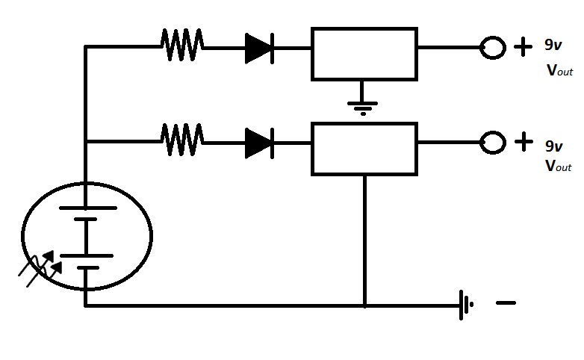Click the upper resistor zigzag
click(x=182, y=45)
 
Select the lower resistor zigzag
click(x=182, y=140)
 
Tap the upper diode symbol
click(x=260, y=49)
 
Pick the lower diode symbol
click(x=260, y=143)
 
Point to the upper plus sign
click(x=524, y=46)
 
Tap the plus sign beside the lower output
click(x=524, y=142)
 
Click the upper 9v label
click(x=553, y=45)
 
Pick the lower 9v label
click(x=554, y=146)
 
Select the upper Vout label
click(x=560, y=70)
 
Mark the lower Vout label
click(x=559, y=166)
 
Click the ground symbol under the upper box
click(x=362, y=108)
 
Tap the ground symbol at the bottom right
click(x=466, y=305)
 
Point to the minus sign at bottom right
click(x=506, y=303)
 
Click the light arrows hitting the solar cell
click(x=40, y=268)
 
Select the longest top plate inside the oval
click(x=88, y=208)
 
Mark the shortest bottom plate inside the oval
click(x=88, y=267)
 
